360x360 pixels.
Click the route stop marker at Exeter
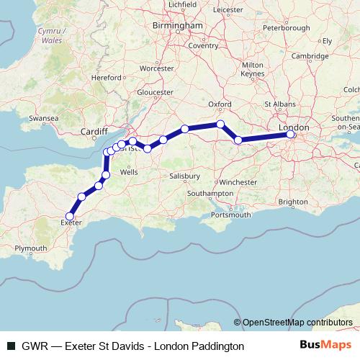coord(70,216)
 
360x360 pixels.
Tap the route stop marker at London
coord(291,135)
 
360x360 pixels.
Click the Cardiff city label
coord(94,132)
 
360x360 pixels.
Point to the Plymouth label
coord(30,248)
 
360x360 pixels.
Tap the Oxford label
coord(219,104)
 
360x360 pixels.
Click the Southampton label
coord(210,194)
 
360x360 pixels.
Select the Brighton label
coord(294,202)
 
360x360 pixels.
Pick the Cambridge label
coord(310,55)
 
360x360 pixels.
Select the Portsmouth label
coord(232,215)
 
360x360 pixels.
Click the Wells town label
coord(130,173)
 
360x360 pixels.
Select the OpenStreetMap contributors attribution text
coord(297,323)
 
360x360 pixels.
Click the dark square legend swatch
coord(11,346)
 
